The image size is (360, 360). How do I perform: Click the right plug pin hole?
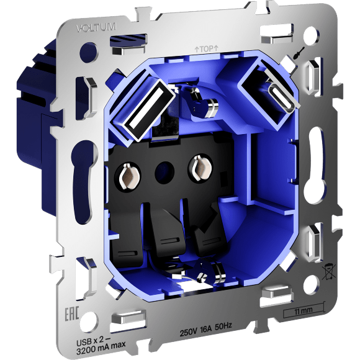click(x=201, y=168)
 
